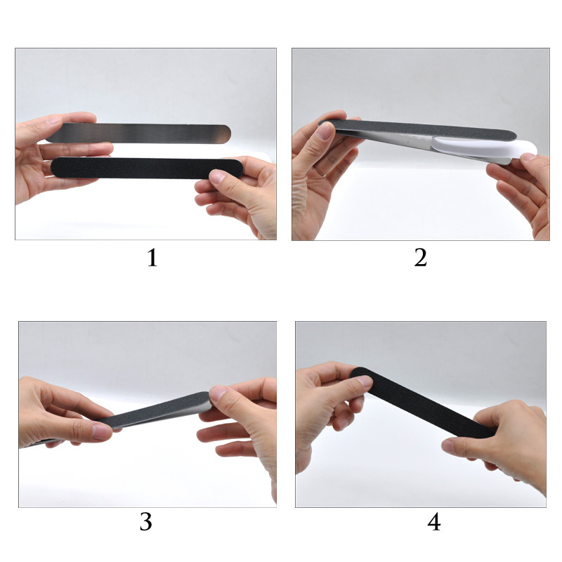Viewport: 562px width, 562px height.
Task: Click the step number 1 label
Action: point(152,258)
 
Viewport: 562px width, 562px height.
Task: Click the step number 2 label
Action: point(420,258)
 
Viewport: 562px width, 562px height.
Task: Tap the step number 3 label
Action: point(146,521)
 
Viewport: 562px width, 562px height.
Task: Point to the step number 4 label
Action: point(433,521)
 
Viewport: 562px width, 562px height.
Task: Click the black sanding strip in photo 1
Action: point(147,168)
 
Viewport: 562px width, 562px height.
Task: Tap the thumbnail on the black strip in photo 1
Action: point(217,176)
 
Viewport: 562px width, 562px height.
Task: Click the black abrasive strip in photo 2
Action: point(417,129)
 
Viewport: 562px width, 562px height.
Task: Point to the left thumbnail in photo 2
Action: point(325,130)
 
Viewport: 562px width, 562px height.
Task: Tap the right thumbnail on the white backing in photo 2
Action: point(530,156)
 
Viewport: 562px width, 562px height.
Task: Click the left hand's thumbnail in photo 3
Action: point(102,432)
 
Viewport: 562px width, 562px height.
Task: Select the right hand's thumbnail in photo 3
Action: point(217,393)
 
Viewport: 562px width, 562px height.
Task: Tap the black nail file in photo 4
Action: point(423,403)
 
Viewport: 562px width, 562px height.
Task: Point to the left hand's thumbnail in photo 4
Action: point(363,381)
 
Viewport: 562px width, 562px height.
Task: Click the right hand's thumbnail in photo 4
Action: point(448,446)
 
